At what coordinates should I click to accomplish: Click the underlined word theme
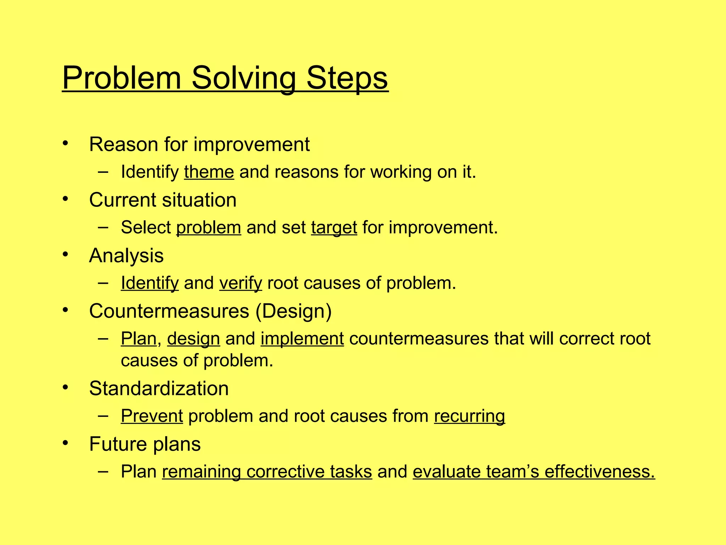point(209,172)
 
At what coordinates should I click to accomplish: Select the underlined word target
point(334,228)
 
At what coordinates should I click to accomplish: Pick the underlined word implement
point(302,339)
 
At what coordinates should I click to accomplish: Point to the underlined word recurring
point(469,416)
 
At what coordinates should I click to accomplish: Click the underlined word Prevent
point(152,416)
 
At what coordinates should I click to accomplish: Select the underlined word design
point(194,339)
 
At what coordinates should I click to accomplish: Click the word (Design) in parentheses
point(294,311)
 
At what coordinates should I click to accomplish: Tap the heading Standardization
point(159,389)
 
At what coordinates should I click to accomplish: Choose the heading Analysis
point(126,256)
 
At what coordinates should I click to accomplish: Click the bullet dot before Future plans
point(65,443)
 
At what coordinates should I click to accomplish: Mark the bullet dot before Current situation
point(65,199)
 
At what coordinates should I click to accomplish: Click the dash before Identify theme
point(103,172)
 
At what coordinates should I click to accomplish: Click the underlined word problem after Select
point(208,228)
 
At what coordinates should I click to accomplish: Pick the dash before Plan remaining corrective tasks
point(103,472)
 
